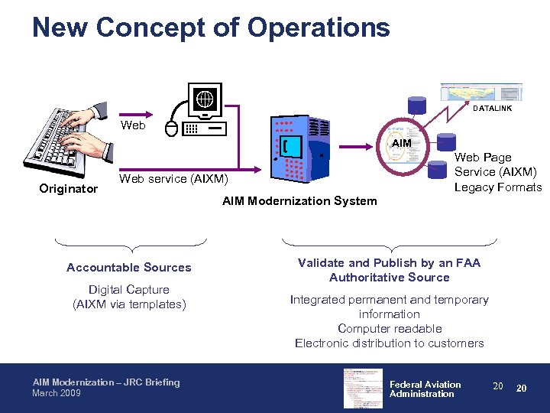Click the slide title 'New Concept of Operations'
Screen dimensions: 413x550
click(x=211, y=28)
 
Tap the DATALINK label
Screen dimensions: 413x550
click(x=492, y=109)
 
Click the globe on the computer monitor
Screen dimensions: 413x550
click(x=205, y=99)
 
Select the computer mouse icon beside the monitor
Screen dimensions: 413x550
click(x=171, y=128)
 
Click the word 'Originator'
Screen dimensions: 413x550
click(x=69, y=188)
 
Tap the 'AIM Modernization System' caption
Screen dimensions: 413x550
click(x=299, y=201)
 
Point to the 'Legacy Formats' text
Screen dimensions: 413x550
click(x=498, y=187)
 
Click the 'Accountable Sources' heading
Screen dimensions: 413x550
click(x=129, y=268)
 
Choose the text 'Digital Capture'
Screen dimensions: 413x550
click(x=129, y=290)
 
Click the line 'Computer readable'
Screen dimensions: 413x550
click(x=390, y=329)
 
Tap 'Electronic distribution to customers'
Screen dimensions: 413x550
click(x=390, y=343)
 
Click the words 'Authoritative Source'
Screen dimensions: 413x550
click(x=390, y=278)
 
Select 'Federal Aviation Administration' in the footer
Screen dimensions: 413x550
click(x=425, y=389)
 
